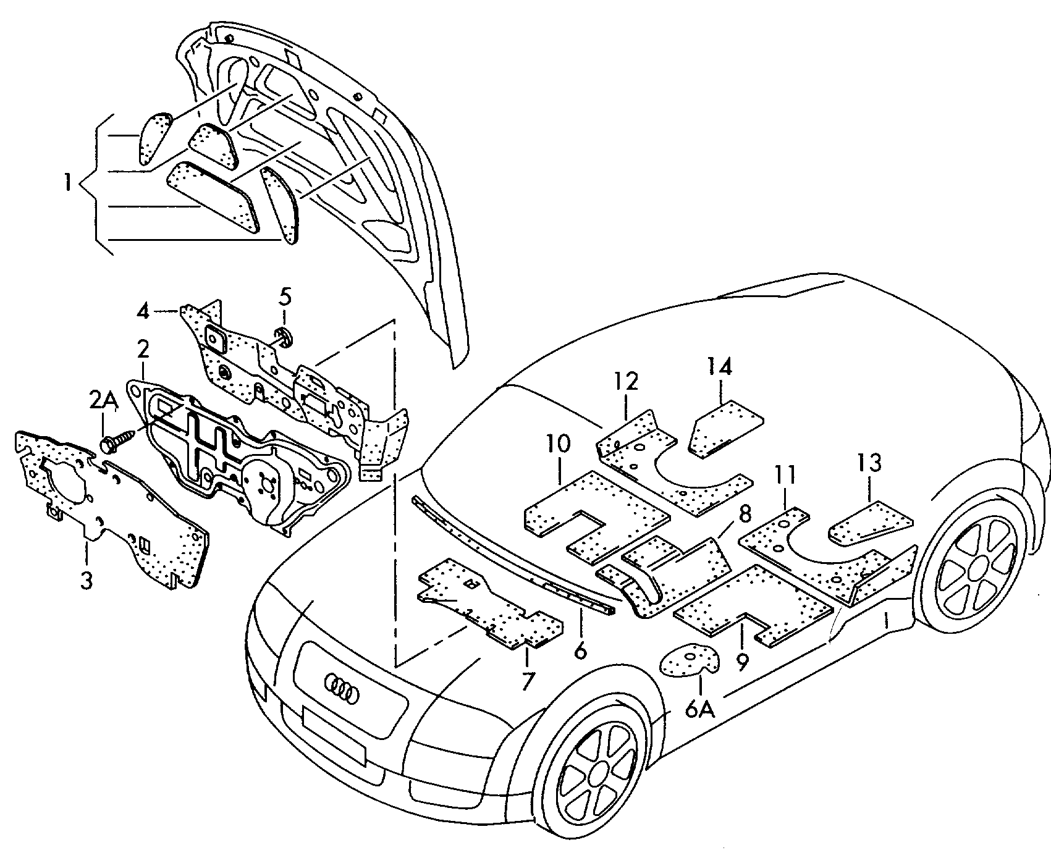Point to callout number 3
click(x=86, y=580)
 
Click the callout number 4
click(x=143, y=311)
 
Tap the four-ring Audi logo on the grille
click(x=342, y=688)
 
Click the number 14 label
click(x=720, y=367)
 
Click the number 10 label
click(x=559, y=444)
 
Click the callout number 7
click(x=527, y=680)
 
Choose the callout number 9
click(x=742, y=662)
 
